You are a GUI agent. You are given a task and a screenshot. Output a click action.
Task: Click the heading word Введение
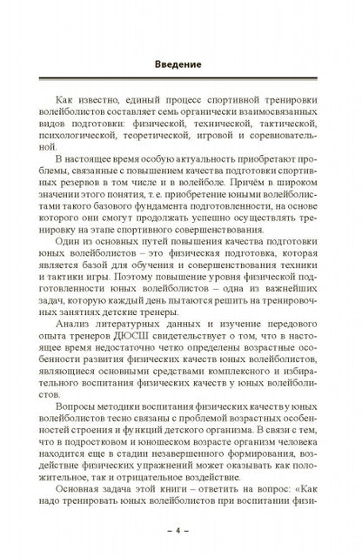[x=181, y=64]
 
